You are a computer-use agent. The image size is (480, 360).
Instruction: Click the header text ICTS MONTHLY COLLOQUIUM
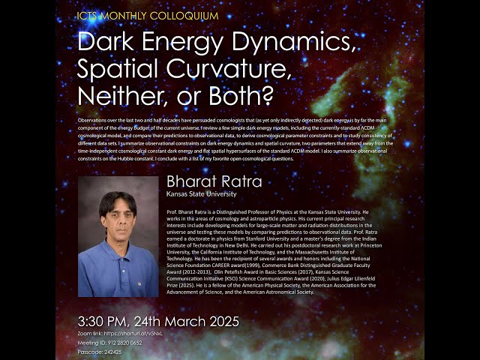coord(147,15)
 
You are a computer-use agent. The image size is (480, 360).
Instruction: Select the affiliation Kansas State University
coord(201,194)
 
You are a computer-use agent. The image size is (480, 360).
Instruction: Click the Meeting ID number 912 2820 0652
coord(126,342)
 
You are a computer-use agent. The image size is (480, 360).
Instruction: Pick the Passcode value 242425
coord(112,352)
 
